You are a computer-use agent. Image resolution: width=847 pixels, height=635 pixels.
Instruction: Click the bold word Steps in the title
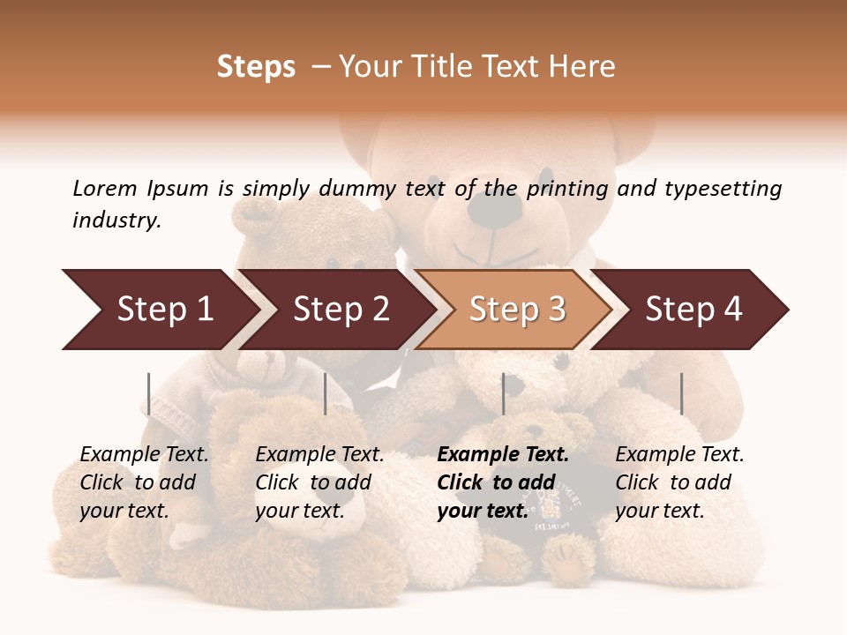coord(256,67)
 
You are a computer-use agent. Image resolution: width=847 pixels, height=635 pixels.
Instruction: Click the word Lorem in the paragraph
coord(105,188)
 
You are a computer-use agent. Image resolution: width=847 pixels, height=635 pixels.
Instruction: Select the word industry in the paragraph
coord(116,220)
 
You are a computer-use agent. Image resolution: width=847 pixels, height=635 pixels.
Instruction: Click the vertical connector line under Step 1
coord(149,393)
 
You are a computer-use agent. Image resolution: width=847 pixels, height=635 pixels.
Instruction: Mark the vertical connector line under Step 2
coord(326,393)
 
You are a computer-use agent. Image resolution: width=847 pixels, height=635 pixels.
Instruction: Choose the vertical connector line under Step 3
coord(503,393)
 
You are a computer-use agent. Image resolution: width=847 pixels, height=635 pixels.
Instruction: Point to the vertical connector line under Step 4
coord(681,393)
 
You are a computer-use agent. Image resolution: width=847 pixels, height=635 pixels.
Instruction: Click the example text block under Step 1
coord(144,482)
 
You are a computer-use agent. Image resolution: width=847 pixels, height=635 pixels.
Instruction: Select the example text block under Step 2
coord(319,482)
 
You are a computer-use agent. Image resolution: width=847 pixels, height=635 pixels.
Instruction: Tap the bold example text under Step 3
coord(502,482)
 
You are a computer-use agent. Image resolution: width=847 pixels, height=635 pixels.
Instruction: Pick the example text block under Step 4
coord(679,482)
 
